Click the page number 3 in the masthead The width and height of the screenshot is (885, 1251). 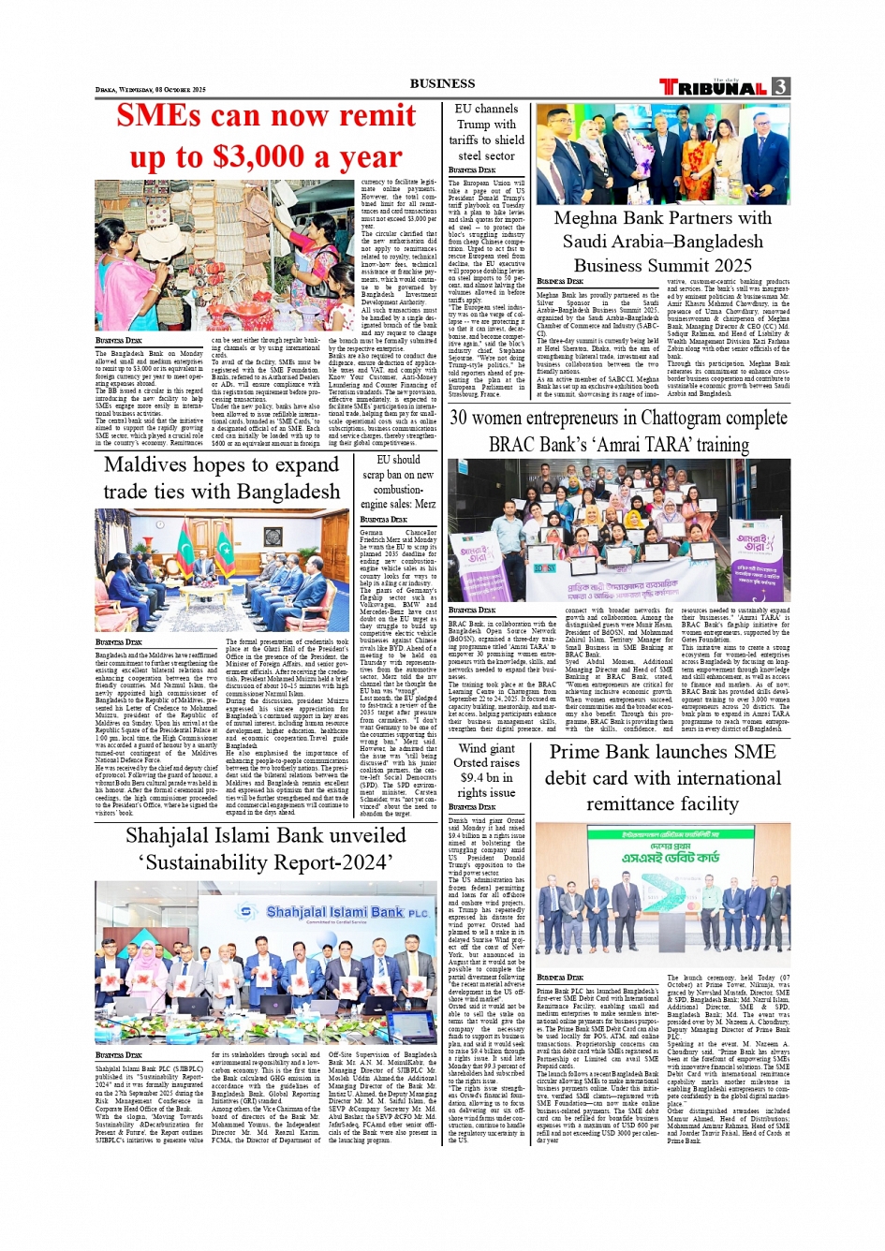pos(780,87)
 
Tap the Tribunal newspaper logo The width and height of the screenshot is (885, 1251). pos(714,87)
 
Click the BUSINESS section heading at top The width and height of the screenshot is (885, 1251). pos(442,83)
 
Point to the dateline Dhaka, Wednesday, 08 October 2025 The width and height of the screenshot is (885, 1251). pos(150,90)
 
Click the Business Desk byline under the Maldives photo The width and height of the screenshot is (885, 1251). pos(118,642)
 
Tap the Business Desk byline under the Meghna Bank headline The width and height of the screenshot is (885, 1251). pos(559,282)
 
